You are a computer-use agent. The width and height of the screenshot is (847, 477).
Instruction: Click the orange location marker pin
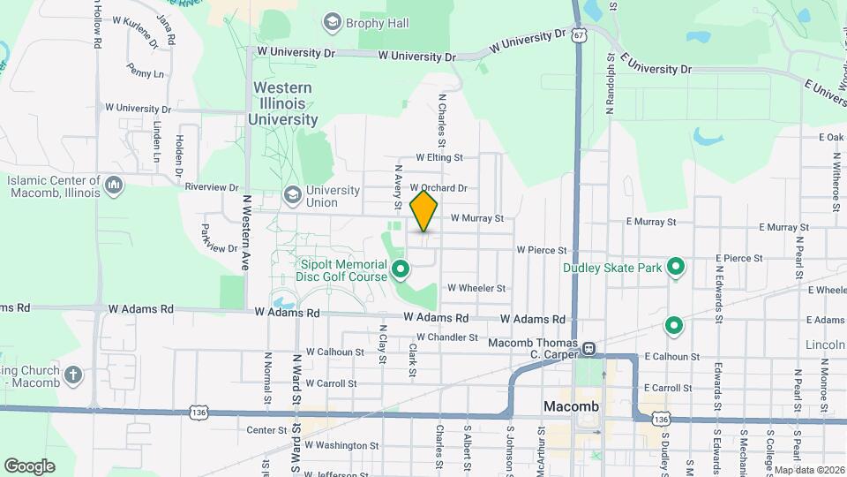click(424, 211)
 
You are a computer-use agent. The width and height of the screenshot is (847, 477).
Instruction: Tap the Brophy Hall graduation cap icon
click(332, 21)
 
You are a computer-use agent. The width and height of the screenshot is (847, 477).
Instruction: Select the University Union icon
click(292, 193)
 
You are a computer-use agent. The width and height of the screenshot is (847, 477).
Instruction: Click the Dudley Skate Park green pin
click(677, 266)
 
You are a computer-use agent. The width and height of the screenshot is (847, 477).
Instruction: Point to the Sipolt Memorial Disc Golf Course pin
click(400, 268)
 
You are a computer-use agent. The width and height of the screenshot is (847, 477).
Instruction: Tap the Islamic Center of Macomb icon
click(113, 185)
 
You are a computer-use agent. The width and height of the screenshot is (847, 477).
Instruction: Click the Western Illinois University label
click(282, 103)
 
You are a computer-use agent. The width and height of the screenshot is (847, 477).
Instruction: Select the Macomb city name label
click(571, 406)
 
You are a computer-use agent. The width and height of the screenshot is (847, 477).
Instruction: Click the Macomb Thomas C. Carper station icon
click(588, 349)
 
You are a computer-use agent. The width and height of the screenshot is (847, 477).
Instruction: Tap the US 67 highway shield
click(577, 34)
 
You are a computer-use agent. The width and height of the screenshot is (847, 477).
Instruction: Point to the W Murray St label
click(476, 218)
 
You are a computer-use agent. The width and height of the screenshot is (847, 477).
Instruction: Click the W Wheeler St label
click(476, 288)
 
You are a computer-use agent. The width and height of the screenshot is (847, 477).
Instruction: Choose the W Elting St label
click(438, 158)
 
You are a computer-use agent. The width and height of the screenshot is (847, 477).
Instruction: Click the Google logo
click(29, 466)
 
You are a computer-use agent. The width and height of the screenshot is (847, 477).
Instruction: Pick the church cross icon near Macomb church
click(73, 374)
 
